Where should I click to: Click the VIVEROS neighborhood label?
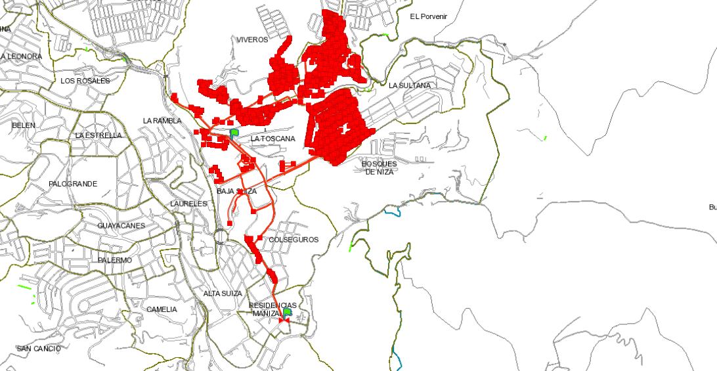(x=253, y=40)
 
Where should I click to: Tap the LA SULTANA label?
(x=410, y=86)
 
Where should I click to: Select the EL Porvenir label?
(x=428, y=16)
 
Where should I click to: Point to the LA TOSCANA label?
(x=273, y=139)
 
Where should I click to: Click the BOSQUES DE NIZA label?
(x=379, y=167)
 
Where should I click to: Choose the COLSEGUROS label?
(x=293, y=240)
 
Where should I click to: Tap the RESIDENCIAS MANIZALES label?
(x=272, y=309)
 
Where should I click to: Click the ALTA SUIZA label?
(x=223, y=294)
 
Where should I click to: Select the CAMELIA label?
(x=162, y=309)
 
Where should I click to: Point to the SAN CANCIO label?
(x=39, y=348)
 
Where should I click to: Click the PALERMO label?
(x=115, y=261)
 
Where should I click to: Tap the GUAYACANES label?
(x=121, y=226)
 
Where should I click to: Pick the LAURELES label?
(x=188, y=204)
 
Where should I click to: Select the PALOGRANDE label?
(x=73, y=184)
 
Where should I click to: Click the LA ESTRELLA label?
(x=98, y=135)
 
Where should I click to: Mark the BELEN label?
(x=24, y=125)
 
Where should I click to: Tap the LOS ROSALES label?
(x=85, y=81)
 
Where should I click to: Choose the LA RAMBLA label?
(x=162, y=121)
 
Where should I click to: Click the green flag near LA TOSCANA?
(x=234, y=133)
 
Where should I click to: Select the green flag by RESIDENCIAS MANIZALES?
(x=287, y=313)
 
